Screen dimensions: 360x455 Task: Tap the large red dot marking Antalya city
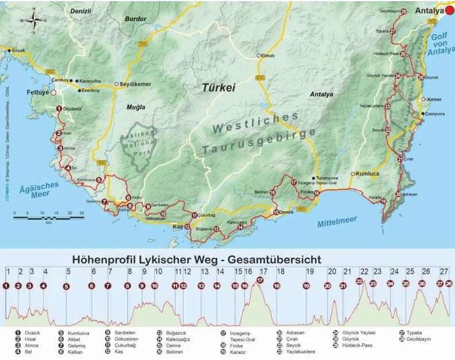click(450, 11)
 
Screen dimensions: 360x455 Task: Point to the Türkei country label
click(219, 88)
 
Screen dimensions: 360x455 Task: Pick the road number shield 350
click(143, 44)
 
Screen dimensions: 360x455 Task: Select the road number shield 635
click(261, 76)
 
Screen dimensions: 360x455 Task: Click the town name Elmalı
click(268, 56)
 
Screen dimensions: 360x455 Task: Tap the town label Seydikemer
click(135, 84)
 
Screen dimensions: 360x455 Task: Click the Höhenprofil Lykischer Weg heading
click(196, 259)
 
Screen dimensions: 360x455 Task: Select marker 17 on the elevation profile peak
click(260, 280)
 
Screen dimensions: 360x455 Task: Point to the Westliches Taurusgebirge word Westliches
click(255, 122)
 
